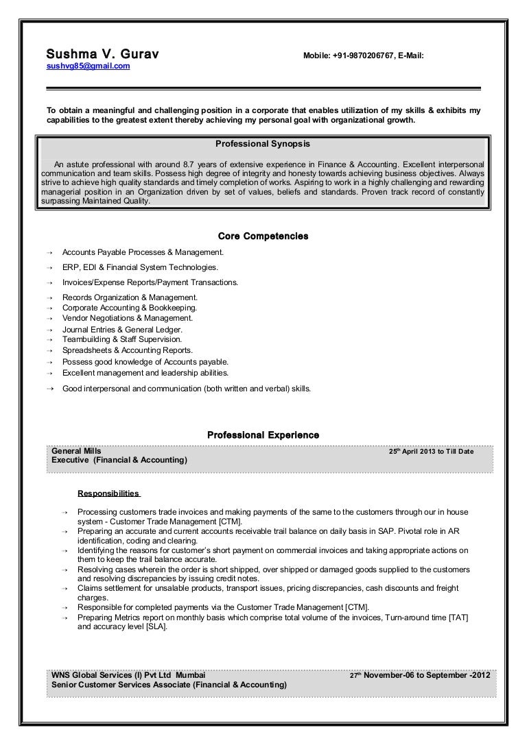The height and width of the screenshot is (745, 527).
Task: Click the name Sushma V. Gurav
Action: pyautogui.click(x=103, y=53)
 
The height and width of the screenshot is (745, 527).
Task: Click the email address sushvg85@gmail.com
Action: pyautogui.click(x=88, y=66)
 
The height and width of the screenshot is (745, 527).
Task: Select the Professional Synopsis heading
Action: pyautogui.click(x=263, y=145)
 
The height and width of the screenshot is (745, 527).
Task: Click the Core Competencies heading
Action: pyautogui.click(x=263, y=236)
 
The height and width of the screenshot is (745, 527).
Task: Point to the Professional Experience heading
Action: pyautogui.click(x=263, y=435)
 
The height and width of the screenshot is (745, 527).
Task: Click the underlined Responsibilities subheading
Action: pyautogui.click(x=108, y=493)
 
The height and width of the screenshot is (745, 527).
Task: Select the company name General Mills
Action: pyautogui.click(x=77, y=451)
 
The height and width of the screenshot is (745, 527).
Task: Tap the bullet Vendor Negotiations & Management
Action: pyautogui.click(x=128, y=318)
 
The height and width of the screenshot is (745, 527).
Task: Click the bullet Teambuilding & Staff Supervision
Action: pyautogui.click(x=122, y=339)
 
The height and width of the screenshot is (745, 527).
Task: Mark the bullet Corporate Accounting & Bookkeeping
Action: pyautogui.click(x=129, y=308)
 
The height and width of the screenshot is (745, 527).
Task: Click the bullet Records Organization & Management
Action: pyautogui.click(x=130, y=297)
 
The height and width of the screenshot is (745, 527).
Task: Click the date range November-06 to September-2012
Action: pyautogui.click(x=425, y=675)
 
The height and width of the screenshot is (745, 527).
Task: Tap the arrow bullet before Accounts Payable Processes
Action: pyautogui.click(x=50, y=252)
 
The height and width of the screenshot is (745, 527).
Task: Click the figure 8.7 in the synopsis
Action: pyautogui.click(x=185, y=164)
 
